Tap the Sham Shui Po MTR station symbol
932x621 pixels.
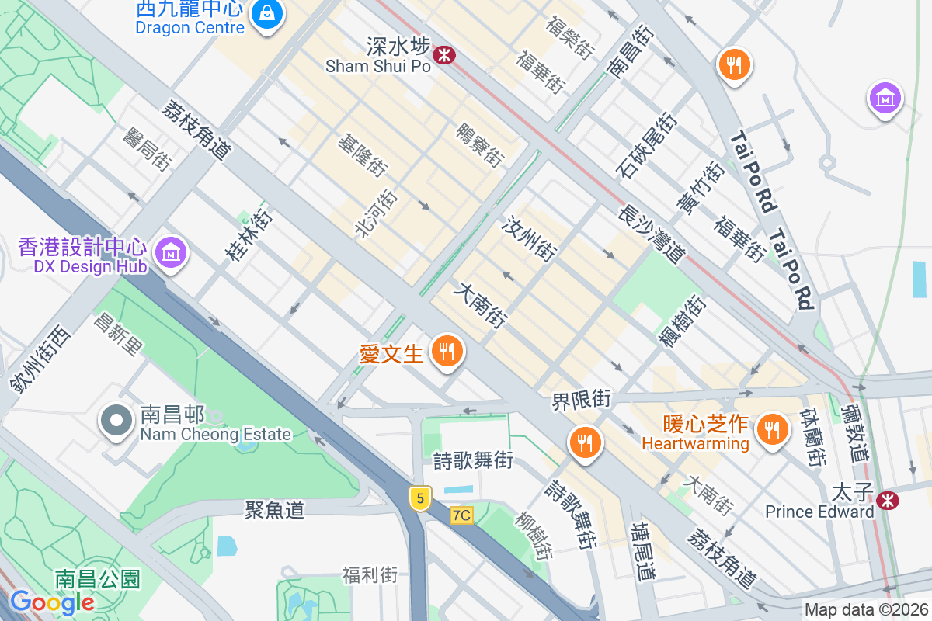444,55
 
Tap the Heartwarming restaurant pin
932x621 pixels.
771,428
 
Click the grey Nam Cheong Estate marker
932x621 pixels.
116,421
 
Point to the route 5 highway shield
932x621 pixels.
420,498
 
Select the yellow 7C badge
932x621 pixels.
461,515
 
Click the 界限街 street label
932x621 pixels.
582,401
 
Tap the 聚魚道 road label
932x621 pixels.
274,510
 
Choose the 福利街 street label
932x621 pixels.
370,575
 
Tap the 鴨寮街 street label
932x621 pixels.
479,144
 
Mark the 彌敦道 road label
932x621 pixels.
858,432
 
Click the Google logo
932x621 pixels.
52,602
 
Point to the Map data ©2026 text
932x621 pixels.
865,609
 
